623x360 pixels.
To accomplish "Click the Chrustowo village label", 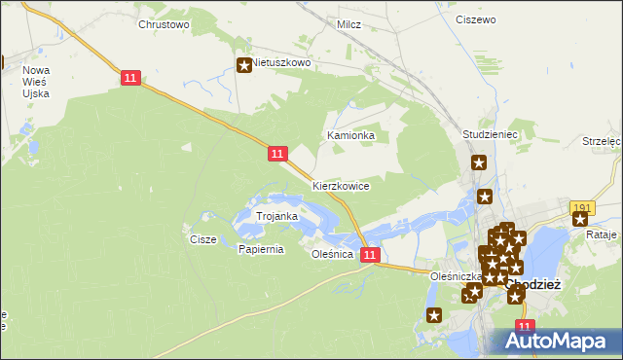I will click(x=164, y=24).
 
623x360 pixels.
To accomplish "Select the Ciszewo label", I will click(x=475, y=18).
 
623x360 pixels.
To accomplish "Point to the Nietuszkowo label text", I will click(x=281, y=62).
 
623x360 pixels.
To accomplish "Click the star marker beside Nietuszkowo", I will click(x=243, y=65).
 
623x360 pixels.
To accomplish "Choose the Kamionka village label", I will click(x=351, y=135).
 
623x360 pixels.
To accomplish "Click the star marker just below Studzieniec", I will click(x=478, y=163).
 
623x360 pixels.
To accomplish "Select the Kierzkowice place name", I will click(x=341, y=185).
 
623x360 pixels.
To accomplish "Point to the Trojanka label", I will click(x=275, y=215).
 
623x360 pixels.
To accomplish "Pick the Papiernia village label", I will click(x=260, y=249).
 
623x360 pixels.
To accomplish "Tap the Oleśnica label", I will click(x=331, y=254).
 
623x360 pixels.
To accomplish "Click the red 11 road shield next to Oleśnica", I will click(x=369, y=255).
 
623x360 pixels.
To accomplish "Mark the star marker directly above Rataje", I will click(x=580, y=219).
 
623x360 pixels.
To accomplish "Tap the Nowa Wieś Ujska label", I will click(x=36, y=83).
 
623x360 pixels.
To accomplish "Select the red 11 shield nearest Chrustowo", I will click(x=129, y=77).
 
